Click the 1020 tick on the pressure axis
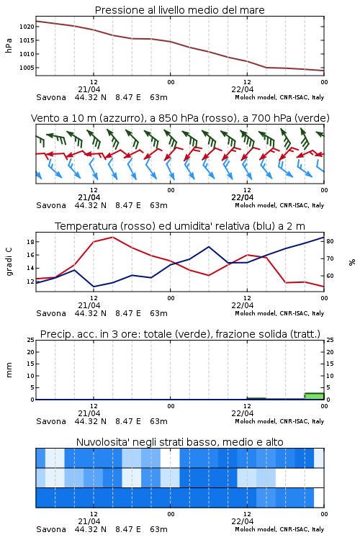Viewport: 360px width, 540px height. point(27,27)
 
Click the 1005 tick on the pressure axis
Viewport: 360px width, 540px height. point(27,68)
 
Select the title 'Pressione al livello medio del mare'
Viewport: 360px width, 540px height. point(180,10)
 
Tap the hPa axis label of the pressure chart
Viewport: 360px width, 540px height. point(9,45)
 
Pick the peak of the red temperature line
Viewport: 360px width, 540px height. point(112,238)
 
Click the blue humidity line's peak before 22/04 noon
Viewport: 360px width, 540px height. point(209,246)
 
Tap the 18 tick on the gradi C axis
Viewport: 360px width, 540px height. point(30,242)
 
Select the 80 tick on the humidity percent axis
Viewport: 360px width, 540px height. point(330,241)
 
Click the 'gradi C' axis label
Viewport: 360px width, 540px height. point(9,262)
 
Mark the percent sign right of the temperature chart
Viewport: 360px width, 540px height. point(352,262)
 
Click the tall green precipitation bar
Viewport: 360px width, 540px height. point(314,396)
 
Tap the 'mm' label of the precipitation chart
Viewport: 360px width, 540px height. point(9,370)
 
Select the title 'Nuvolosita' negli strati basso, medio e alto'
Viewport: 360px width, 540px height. point(180,442)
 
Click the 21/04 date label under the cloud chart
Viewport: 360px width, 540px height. point(89,521)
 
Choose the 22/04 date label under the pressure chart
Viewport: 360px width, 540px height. point(243,89)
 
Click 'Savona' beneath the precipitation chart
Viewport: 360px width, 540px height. point(51,421)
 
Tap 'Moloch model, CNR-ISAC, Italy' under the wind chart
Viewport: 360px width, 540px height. point(279,205)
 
